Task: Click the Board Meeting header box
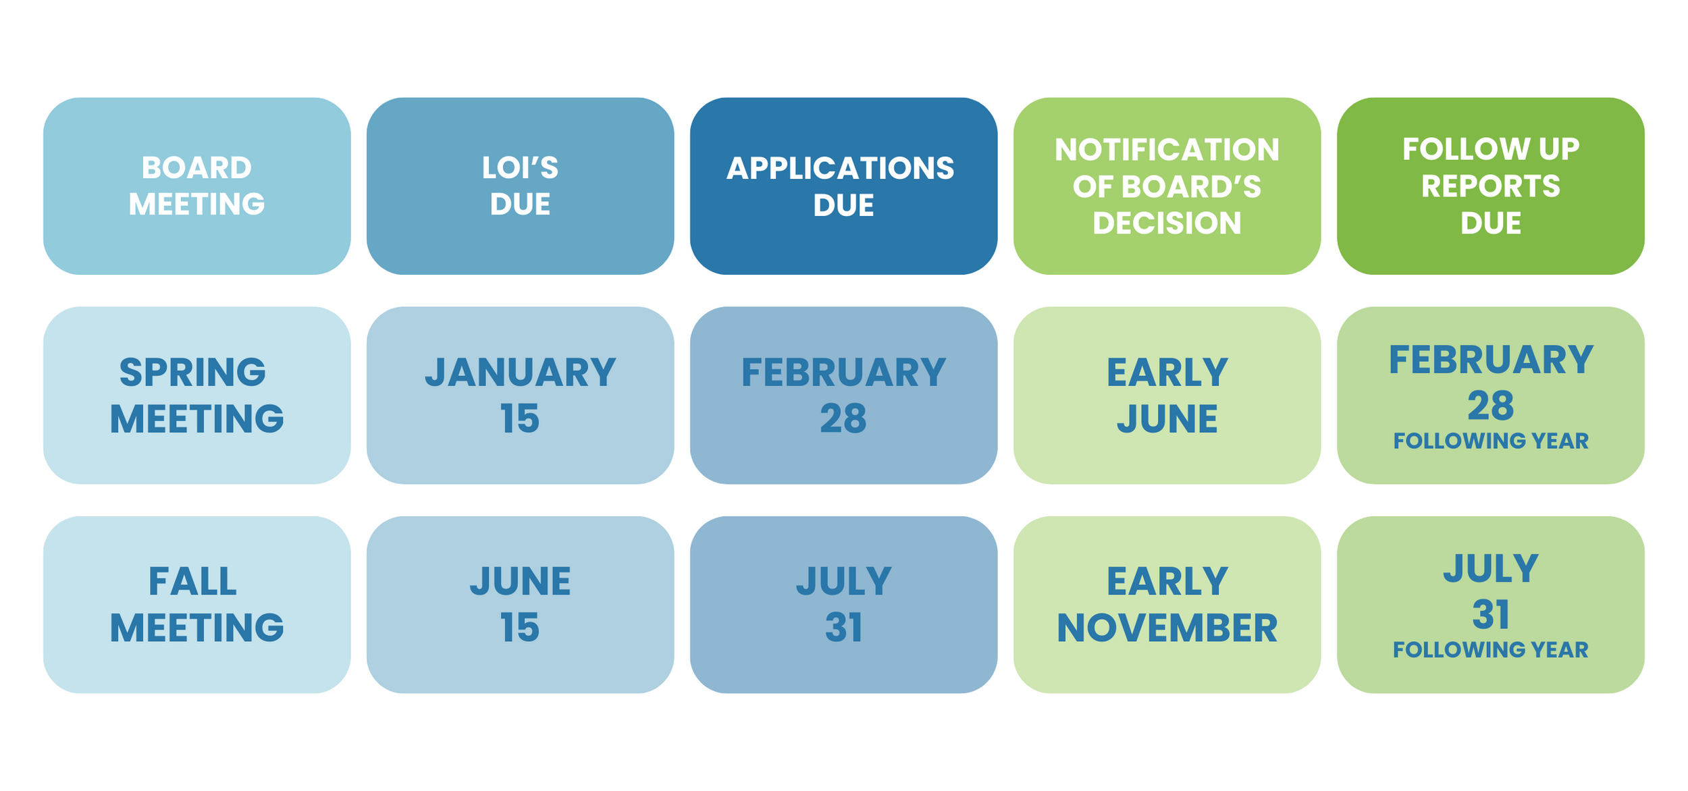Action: click(x=196, y=186)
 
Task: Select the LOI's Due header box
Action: click(x=520, y=186)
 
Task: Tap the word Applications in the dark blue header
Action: click(x=840, y=168)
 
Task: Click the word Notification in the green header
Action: click(x=1167, y=150)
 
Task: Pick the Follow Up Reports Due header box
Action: click(x=1490, y=186)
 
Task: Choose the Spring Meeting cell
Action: click(x=196, y=395)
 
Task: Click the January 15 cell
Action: click(x=520, y=395)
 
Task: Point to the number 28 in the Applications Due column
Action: click(x=843, y=418)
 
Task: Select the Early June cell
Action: click(x=1167, y=395)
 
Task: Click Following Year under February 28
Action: click(x=1490, y=441)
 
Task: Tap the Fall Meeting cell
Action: click(x=196, y=605)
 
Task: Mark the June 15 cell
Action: click(x=520, y=605)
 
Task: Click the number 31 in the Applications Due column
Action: click(x=843, y=628)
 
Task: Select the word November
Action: click(x=1167, y=628)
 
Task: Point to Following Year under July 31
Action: click(x=1490, y=650)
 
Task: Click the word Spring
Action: click(x=192, y=373)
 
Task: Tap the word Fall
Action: click(x=192, y=582)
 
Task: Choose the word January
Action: click(x=520, y=373)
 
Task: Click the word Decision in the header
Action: click(x=1167, y=223)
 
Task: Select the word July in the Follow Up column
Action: click(x=1490, y=569)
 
